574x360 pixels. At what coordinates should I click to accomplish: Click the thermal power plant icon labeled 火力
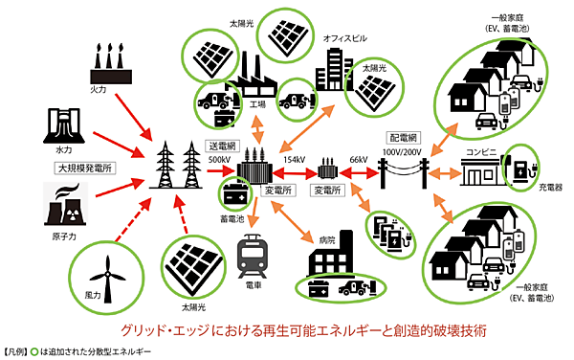pyautogui.click(x=107, y=64)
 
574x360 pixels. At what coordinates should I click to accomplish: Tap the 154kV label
pyautogui.click(x=294, y=159)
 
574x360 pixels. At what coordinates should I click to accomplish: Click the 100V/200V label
pyautogui.click(x=405, y=152)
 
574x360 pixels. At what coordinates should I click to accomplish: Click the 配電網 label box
pyautogui.click(x=401, y=137)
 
